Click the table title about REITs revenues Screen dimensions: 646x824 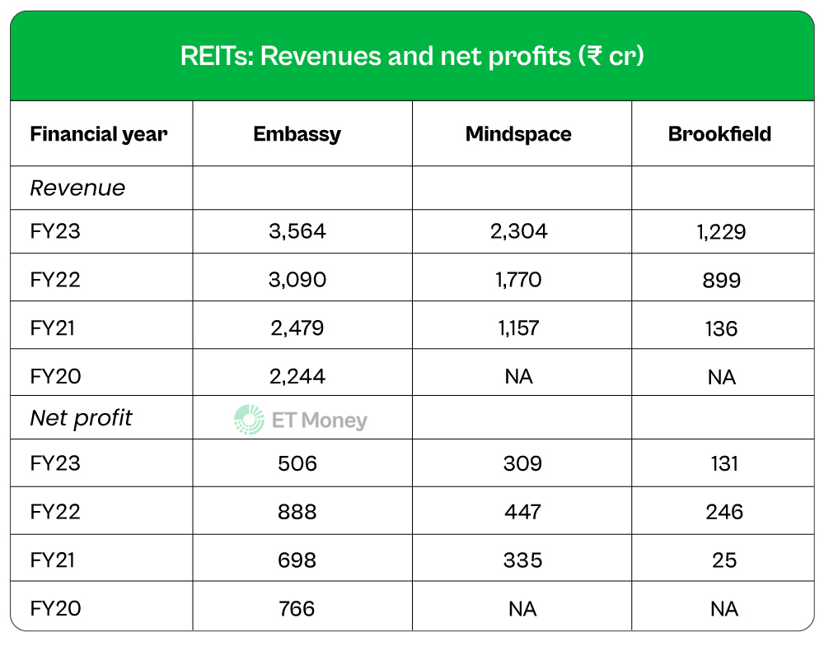click(412, 57)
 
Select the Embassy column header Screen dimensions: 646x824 click(297, 134)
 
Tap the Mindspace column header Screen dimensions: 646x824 click(518, 134)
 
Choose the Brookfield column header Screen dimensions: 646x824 click(720, 134)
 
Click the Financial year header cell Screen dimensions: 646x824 click(99, 134)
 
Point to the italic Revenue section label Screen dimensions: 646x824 click(77, 188)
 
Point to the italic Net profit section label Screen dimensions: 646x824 click(81, 418)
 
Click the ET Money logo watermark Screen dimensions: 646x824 click(301, 420)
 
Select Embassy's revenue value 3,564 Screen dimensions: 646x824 click(297, 231)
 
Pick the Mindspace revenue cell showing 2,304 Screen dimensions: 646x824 click(518, 231)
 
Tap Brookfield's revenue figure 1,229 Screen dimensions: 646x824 click(719, 232)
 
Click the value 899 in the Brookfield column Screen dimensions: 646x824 click(722, 281)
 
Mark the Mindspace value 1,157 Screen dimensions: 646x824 click(518, 328)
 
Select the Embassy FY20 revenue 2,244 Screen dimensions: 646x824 click(297, 376)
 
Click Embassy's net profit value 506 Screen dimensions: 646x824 click(297, 463)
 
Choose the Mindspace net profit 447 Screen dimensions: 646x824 click(522, 512)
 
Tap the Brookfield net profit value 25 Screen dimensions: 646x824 click(722, 560)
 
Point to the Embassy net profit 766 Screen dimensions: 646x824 click(297, 608)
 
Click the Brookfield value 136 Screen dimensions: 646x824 click(722, 328)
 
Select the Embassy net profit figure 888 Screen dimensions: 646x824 click(297, 512)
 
